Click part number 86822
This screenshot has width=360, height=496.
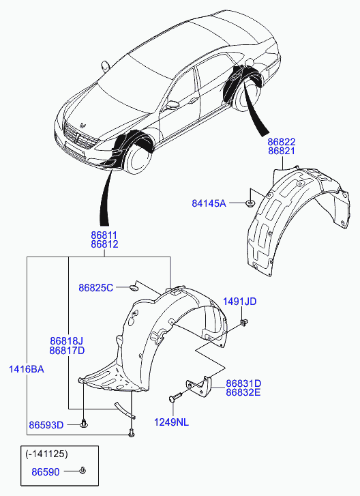[x=282, y=142]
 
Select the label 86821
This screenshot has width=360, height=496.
[x=282, y=151]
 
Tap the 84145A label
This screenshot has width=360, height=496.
[x=209, y=203]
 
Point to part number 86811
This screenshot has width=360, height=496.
[x=104, y=235]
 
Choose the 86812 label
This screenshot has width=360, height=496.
[x=104, y=244]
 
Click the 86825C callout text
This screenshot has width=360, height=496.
[x=95, y=288]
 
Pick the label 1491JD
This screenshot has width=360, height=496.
[x=240, y=302]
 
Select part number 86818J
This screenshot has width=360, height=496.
[x=67, y=341]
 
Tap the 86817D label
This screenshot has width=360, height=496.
[x=67, y=351]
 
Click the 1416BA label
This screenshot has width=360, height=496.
[x=26, y=369]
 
